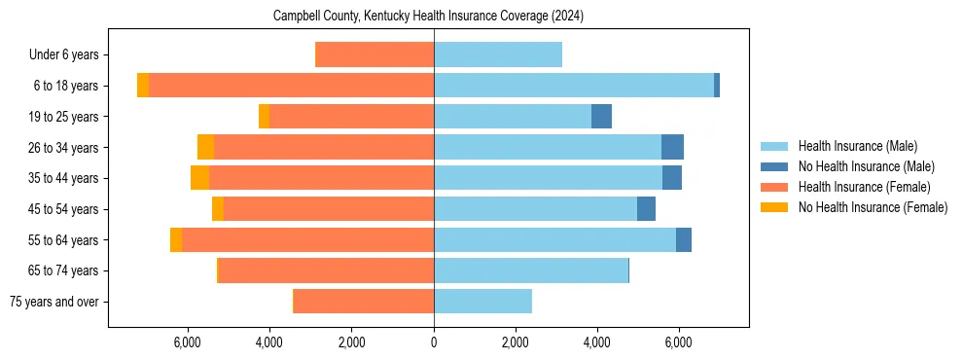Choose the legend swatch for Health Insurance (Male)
point(775,146)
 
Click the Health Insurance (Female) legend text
point(864,187)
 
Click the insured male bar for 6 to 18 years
point(574,86)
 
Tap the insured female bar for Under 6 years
point(375,55)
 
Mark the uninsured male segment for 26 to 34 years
point(672,147)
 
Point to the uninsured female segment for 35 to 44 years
point(199,178)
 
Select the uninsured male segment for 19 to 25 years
point(601,117)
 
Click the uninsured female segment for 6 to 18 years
point(143,86)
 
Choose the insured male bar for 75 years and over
point(482,302)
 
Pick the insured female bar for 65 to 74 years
point(327,270)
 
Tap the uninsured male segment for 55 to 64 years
point(684,239)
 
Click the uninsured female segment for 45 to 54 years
point(218,209)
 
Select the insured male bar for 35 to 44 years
point(548,178)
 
